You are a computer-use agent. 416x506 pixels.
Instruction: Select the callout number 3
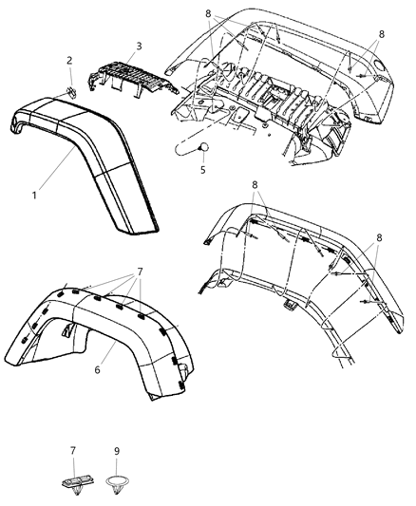point(139,46)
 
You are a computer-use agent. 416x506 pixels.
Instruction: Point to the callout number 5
point(201,171)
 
